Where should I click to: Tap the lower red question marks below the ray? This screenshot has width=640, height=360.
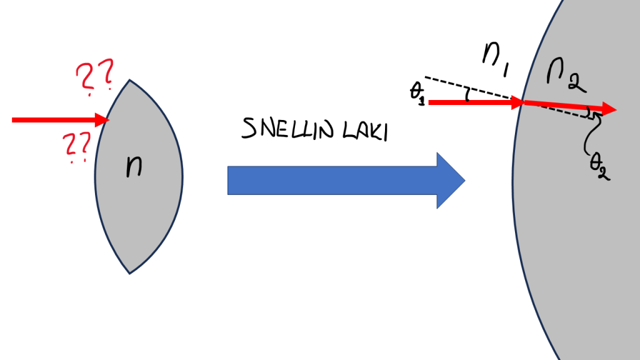coord(77,148)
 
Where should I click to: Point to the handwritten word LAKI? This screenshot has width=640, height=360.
coord(366,131)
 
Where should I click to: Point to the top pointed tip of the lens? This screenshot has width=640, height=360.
coord(129,80)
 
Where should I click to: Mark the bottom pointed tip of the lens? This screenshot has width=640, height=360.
coord(129,273)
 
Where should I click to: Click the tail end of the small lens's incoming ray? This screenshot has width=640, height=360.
coord(13,119)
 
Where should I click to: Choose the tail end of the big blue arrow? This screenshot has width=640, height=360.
coord(229,180)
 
